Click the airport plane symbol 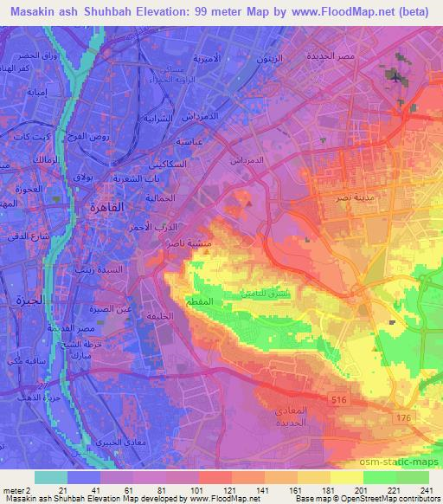(396, 78)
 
